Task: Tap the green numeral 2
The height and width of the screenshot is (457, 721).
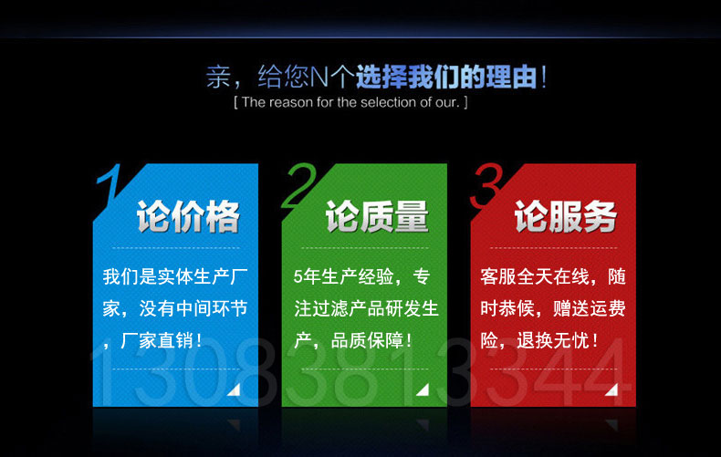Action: pyautogui.click(x=300, y=185)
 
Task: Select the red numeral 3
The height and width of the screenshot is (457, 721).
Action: pyautogui.click(x=486, y=185)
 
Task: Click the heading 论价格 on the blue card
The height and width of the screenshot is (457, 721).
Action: pyautogui.click(x=188, y=216)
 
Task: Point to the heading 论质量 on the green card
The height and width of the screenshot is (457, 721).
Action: pyautogui.click(x=377, y=216)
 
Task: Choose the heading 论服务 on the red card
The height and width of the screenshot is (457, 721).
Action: pyautogui.click(x=566, y=216)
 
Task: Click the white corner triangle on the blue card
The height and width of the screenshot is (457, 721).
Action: pyautogui.click(x=235, y=390)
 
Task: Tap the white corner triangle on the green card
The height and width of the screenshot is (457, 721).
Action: pyautogui.click(x=423, y=390)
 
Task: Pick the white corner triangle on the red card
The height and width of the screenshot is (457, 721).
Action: pyautogui.click(x=612, y=390)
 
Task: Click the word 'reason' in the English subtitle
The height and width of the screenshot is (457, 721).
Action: pyautogui.click(x=290, y=102)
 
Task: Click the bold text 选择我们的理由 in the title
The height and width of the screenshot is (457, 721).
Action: pyautogui.click(x=446, y=77)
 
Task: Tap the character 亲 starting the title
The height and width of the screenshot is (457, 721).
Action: pyautogui.click(x=218, y=77)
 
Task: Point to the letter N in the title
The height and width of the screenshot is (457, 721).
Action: pyautogui.click(x=319, y=78)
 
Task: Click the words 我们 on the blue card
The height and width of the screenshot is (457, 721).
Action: pyautogui.click(x=120, y=276)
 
